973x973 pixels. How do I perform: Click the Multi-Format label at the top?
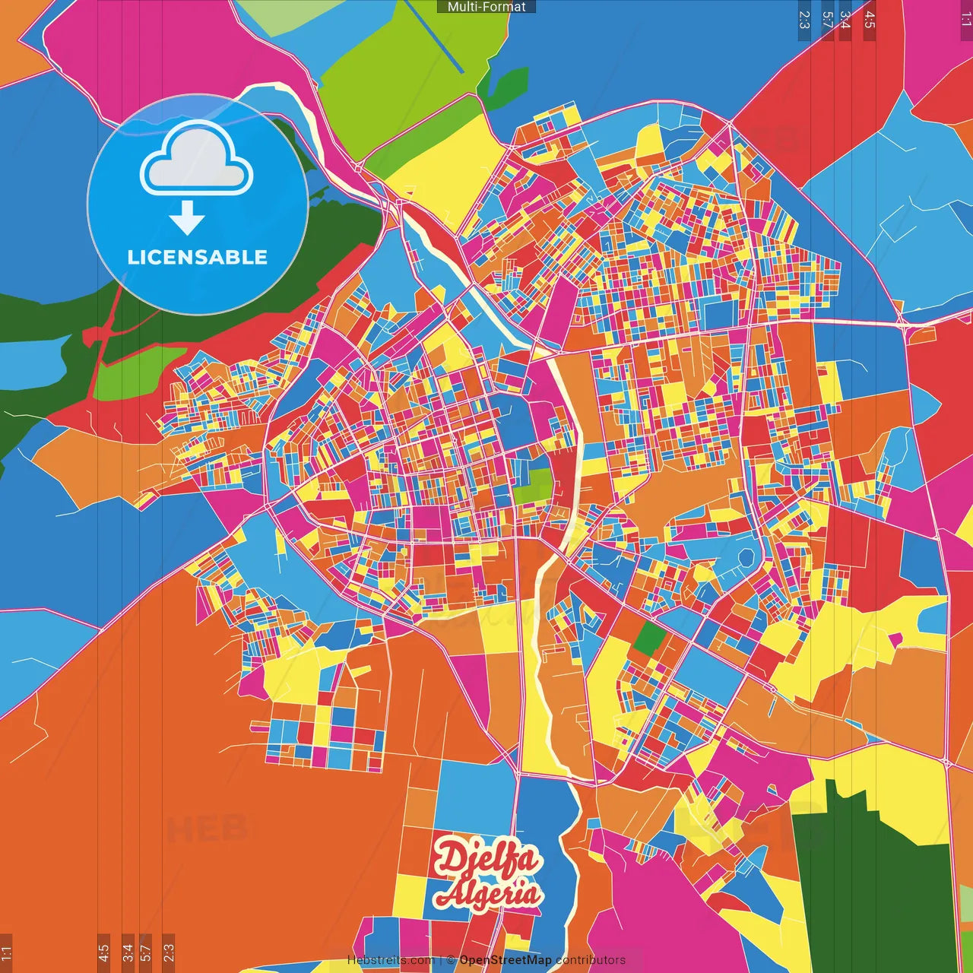(486, 7)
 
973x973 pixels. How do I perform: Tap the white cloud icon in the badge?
(196, 160)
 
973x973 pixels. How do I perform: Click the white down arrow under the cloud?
(187, 218)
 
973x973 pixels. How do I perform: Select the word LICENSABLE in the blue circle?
(197, 257)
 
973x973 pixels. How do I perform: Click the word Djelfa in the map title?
(486, 859)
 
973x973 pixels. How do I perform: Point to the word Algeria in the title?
(488, 894)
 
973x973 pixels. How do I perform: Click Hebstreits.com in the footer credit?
(391, 960)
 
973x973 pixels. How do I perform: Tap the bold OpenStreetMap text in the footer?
(506, 960)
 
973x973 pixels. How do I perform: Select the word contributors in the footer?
(591, 960)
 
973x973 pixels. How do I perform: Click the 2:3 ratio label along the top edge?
(804, 19)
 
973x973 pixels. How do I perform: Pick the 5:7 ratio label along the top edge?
(828, 19)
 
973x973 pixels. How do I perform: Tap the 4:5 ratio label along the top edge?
(870, 19)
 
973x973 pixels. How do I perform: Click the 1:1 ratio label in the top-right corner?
(965, 19)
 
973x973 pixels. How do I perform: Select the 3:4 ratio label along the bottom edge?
(128, 952)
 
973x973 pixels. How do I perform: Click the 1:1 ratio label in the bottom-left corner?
(6, 952)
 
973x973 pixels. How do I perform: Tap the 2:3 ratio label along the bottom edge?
(169, 952)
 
